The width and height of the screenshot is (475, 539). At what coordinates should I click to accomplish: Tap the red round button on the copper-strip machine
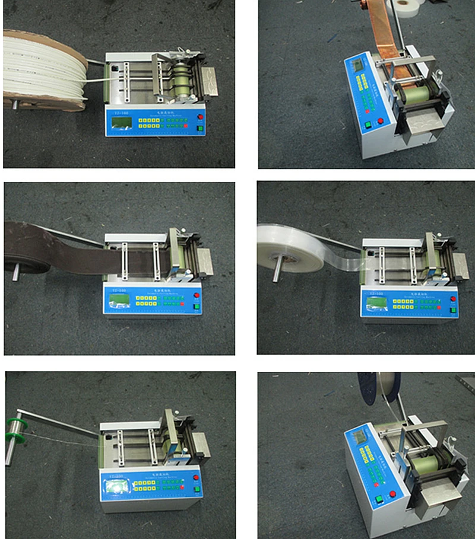(x=380, y=122)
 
